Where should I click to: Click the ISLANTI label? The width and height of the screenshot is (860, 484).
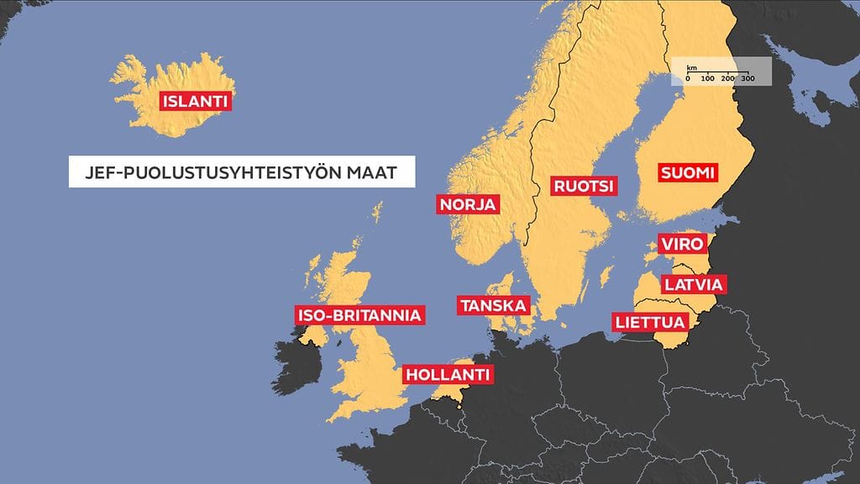195,103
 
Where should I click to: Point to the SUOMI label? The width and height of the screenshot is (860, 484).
687,173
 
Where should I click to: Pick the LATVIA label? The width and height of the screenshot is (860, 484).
693,284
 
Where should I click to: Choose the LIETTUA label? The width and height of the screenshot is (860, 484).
650,322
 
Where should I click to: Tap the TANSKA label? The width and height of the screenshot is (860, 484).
493,305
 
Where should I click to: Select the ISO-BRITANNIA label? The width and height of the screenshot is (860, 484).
358,316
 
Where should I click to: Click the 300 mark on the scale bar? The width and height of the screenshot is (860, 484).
747,78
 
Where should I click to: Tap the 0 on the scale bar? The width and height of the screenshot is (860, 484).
688,78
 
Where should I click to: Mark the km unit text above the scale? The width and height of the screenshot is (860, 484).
691,66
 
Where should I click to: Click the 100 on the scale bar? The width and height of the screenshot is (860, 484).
707,78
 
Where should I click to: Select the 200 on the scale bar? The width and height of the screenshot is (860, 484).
727,78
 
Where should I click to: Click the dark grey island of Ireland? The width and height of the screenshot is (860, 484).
293,370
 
